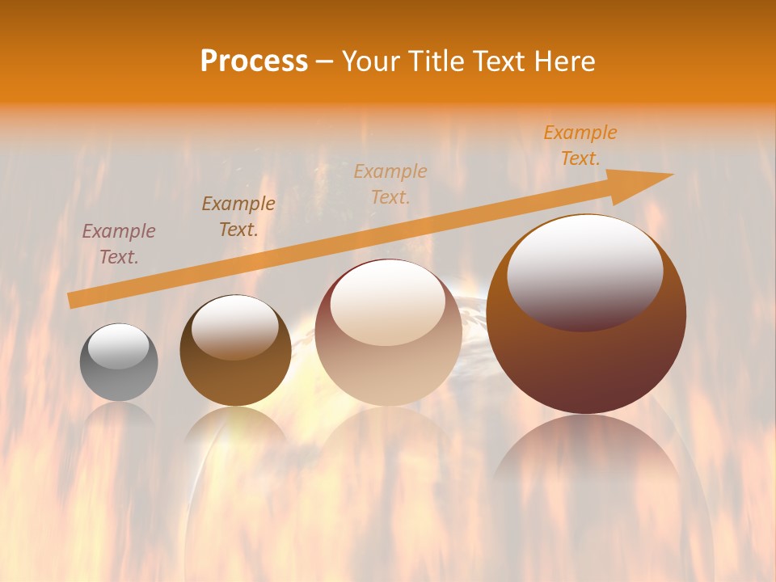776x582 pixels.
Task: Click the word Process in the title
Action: tap(254, 61)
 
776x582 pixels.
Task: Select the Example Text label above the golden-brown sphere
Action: tap(238, 217)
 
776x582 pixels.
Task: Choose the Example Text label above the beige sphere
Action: tap(390, 183)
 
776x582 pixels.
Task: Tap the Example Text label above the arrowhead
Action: tap(580, 145)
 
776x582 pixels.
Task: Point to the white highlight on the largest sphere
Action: tap(585, 271)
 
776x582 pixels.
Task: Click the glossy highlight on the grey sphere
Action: tap(118, 347)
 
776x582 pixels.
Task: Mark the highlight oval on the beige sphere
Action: tap(388, 303)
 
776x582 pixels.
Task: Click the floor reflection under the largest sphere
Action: tap(587, 453)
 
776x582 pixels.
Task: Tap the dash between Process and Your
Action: tap(324, 61)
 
